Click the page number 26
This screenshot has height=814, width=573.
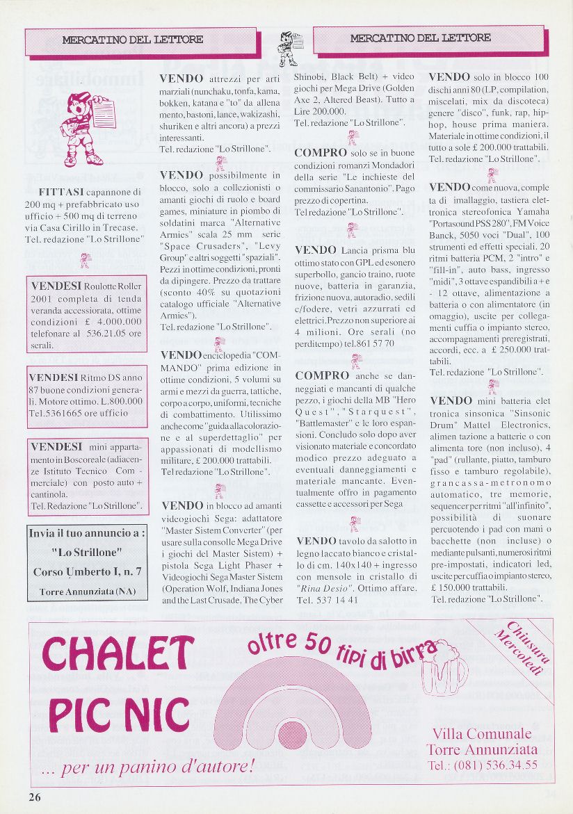35,797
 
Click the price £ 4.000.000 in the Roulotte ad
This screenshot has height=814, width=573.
113,321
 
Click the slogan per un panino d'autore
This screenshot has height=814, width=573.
147,768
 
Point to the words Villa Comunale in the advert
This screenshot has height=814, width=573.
481,734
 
